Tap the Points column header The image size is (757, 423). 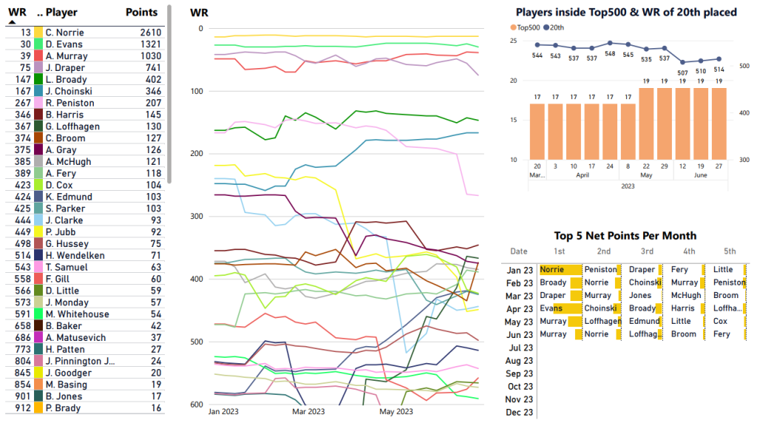141,13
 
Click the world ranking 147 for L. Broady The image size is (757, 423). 22,80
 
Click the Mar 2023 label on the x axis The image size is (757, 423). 308,411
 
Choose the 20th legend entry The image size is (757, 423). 554,27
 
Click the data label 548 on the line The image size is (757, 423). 610,54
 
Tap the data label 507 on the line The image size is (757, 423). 682,72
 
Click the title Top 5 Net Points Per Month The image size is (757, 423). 625,236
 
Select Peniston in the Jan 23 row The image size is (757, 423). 600,270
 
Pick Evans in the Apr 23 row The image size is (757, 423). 551,308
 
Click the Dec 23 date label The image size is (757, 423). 519,412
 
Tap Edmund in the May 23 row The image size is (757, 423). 644,322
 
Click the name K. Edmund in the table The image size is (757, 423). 64,197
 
